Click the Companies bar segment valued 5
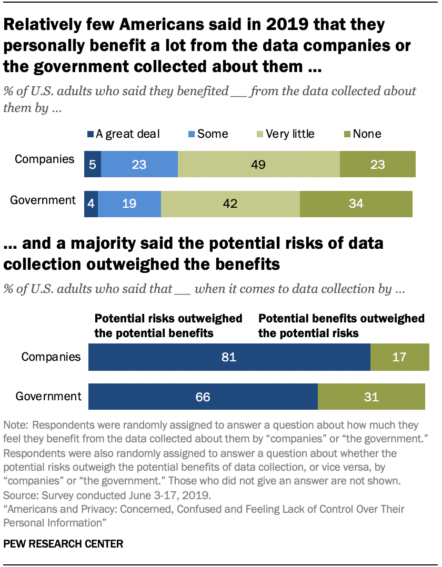(93, 164)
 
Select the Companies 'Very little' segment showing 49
(258, 164)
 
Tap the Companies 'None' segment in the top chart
(377, 164)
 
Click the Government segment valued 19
(129, 204)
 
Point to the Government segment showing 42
(230, 204)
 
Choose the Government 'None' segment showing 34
(356, 204)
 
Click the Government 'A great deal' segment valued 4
(91, 204)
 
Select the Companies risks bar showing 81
(229, 358)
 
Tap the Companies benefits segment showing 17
(399, 358)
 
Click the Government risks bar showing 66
(203, 397)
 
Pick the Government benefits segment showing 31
(371, 397)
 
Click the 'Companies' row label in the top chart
(45, 159)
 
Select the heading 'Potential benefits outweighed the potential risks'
(341, 326)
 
